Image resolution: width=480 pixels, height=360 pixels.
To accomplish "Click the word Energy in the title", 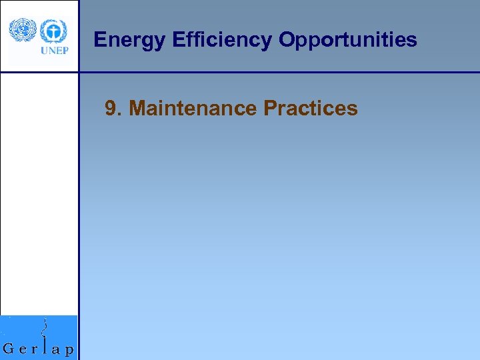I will tap(129, 41).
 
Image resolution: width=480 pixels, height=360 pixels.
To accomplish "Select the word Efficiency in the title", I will tap(221, 41).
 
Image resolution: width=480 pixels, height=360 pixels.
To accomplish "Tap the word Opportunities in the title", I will tap(347, 41).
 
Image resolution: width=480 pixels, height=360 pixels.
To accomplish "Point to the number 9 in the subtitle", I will tap(111, 108).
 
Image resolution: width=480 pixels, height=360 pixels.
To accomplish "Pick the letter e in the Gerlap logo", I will tap(23, 349).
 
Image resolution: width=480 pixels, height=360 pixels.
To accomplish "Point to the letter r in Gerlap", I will tap(35, 349).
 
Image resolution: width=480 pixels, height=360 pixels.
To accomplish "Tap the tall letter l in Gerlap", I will tap(45, 345).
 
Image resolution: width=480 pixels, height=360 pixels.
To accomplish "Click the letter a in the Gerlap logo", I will tap(56, 349).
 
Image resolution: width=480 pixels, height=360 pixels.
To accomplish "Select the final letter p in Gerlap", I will tap(69, 351).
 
